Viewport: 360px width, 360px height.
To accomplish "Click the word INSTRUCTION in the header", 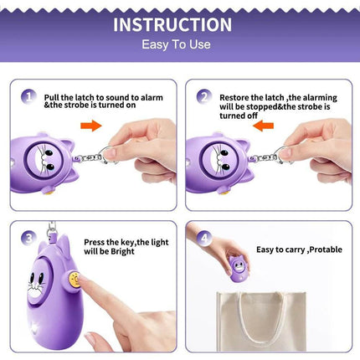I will [172, 24].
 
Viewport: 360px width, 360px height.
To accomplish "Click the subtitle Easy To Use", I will [177, 45].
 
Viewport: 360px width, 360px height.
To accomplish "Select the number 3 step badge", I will [27, 239].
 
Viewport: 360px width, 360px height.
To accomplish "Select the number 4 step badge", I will [202, 239].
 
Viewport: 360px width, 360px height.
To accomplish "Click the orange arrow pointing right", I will [91, 126].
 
